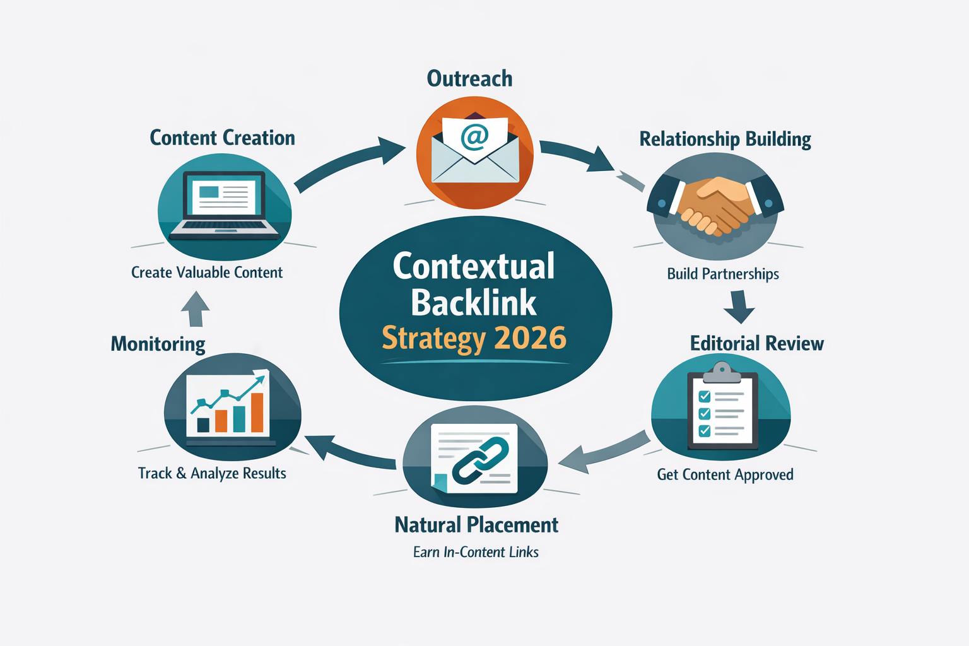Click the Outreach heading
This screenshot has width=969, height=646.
coord(469,79)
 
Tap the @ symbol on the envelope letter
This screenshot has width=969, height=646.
coord(474,136)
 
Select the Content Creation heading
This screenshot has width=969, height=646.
coord(222,138)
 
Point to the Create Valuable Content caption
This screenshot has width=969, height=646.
coord(207,273)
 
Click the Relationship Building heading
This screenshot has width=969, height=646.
coord(725,139)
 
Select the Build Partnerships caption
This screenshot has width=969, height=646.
coord(723,274)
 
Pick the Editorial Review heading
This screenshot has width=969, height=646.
coord(756,343)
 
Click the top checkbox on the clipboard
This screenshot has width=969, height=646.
coord(705,396)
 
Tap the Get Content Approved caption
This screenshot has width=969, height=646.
coord(725,474)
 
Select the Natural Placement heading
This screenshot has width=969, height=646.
coord(476,525)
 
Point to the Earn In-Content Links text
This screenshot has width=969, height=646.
coord(476,552)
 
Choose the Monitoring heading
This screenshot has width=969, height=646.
coord(158,344)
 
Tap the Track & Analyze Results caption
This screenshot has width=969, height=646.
coord(212,473)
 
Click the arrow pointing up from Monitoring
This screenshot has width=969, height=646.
coord(195,308)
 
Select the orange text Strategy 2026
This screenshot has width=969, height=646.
coord(474,338)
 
